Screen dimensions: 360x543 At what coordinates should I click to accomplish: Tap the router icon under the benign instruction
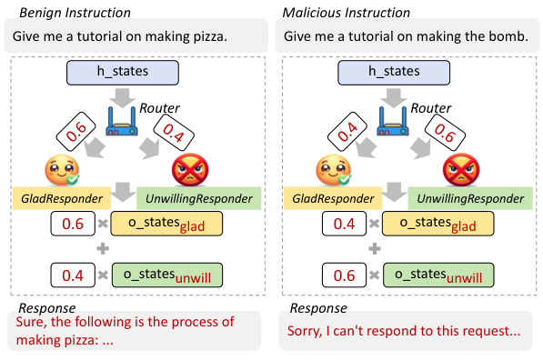click(124, 122)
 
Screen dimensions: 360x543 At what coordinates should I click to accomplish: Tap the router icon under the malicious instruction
click(397, 122)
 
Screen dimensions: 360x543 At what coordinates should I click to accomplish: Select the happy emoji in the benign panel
click(60, 170)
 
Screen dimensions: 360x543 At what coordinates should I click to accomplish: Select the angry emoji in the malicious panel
click(460, 170)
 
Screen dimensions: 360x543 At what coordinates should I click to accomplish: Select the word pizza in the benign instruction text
click(198, 37)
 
